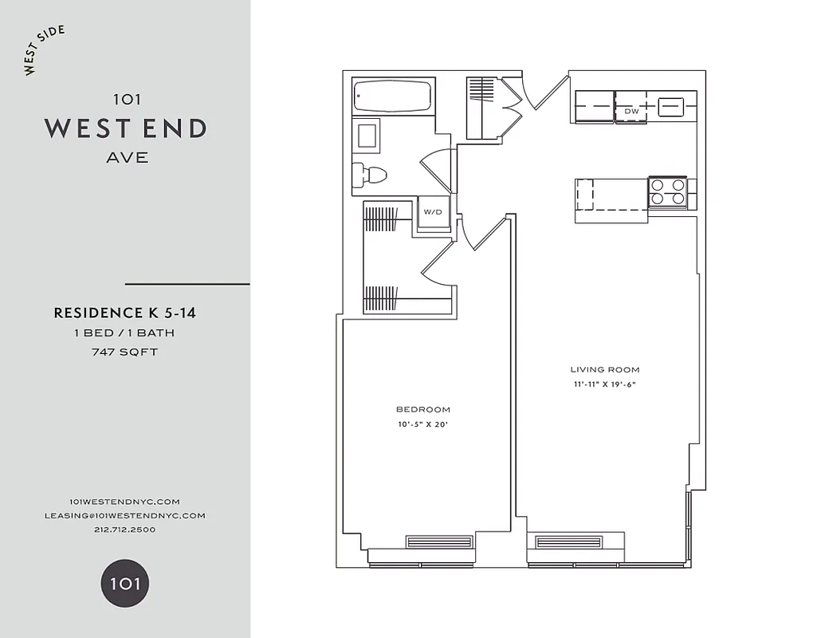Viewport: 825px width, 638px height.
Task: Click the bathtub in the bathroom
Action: (393, 96)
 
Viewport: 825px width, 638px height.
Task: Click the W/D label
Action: (432, 212)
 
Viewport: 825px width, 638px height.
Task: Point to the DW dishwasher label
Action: (632, 111)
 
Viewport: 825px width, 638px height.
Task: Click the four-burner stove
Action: (668, 192)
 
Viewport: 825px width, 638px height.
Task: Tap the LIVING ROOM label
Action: (605, 370)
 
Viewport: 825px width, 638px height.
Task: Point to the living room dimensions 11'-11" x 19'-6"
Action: (605, 384)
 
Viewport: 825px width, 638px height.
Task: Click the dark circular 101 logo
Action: (125, 583)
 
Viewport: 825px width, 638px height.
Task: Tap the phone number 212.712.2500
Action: (125, 530)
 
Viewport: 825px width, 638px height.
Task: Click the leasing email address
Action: (125, 515)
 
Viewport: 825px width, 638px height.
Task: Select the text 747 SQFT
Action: (125, 352)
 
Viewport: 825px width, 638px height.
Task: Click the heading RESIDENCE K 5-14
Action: (125, 313)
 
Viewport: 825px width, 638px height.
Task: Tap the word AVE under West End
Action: (127, 157)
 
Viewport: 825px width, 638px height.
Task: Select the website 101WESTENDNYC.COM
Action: (125, 501)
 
